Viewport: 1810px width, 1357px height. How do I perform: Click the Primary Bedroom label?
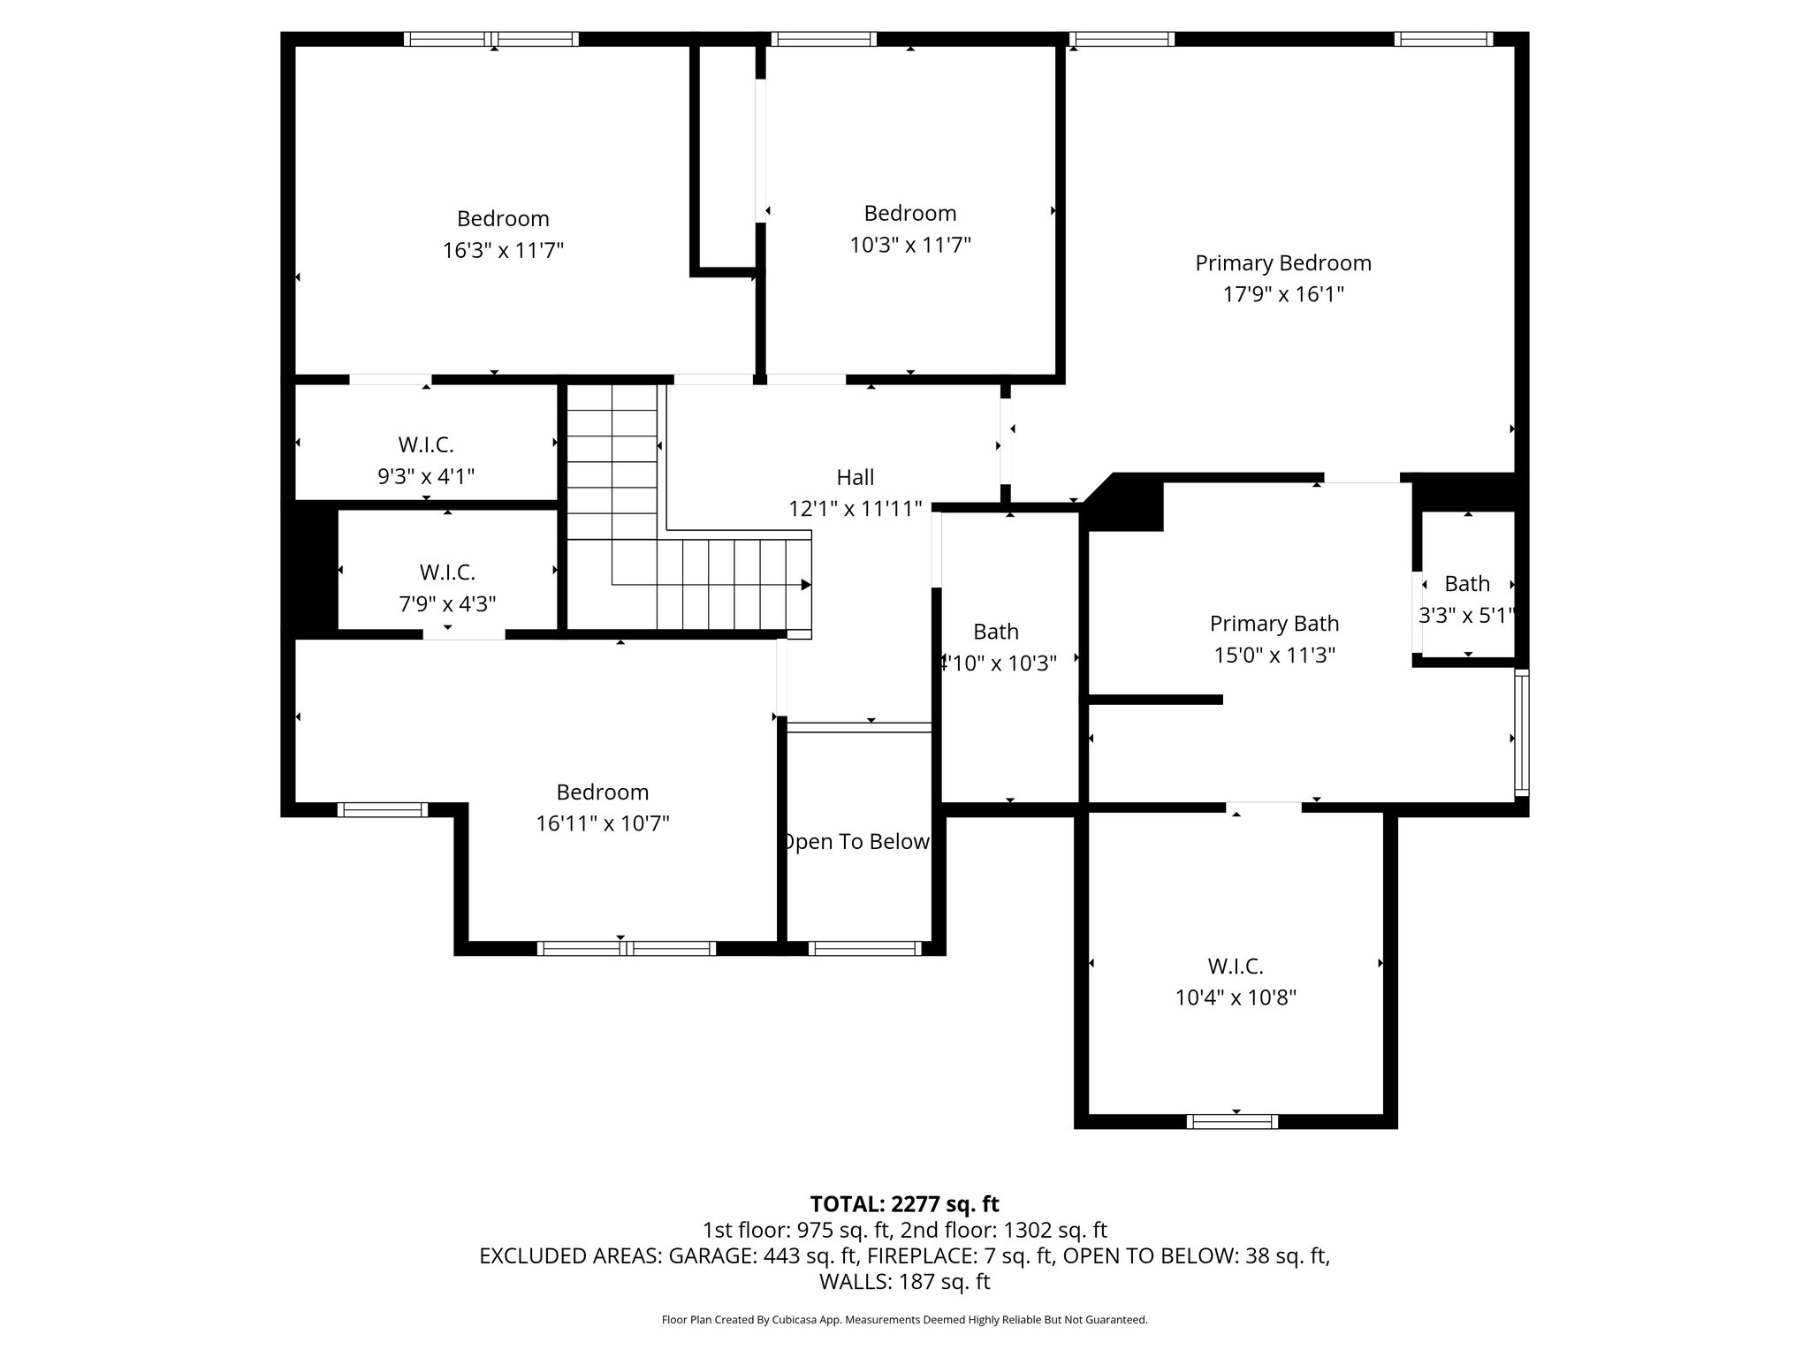[x=1282, y=262]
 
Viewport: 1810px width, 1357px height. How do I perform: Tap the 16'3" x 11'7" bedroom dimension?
[x=503, y=251]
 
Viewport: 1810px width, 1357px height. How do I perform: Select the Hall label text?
[x=855, y=477]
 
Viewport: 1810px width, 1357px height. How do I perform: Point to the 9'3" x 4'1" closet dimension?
[x=426, y=477]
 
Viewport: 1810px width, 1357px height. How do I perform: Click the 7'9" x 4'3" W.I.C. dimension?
[x=447, y=604]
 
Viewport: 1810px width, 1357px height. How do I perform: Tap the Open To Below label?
[x=856, y=842]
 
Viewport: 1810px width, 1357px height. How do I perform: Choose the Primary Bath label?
[x=1274, y=624]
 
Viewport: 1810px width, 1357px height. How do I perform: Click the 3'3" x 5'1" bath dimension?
[x=1466, y=616]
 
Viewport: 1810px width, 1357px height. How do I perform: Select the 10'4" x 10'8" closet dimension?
[x=1235, y=998]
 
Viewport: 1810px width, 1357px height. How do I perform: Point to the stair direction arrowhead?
[x=806, y=585]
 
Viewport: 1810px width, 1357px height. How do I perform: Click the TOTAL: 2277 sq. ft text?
[x=904, y=1204]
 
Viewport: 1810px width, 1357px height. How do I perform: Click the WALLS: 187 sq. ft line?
[x=904, y=1282]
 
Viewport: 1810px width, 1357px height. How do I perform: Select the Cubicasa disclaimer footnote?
[x=904, y=1320]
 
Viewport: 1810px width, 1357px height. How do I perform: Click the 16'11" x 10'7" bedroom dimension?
[x=602, y=824]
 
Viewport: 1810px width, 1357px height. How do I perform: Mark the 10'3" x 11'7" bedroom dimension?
[x=909, y=246]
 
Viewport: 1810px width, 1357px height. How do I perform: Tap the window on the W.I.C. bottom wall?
[x=1231, y=1122]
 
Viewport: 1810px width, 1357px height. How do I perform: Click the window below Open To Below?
[x=864, y=949]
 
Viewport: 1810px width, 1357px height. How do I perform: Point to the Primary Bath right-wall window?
[x=1521, y=732]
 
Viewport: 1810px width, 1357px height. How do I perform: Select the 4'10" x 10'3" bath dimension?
[x=997, y=663]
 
